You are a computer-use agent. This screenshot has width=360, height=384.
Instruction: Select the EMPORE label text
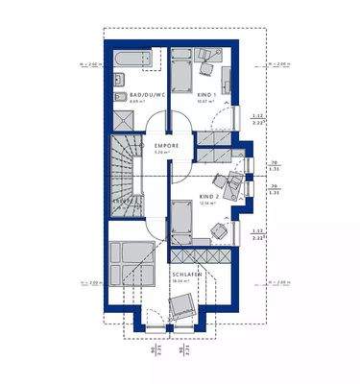click(x=166, y=145)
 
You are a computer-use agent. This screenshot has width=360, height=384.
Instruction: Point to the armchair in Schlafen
click(x=180, y=308)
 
